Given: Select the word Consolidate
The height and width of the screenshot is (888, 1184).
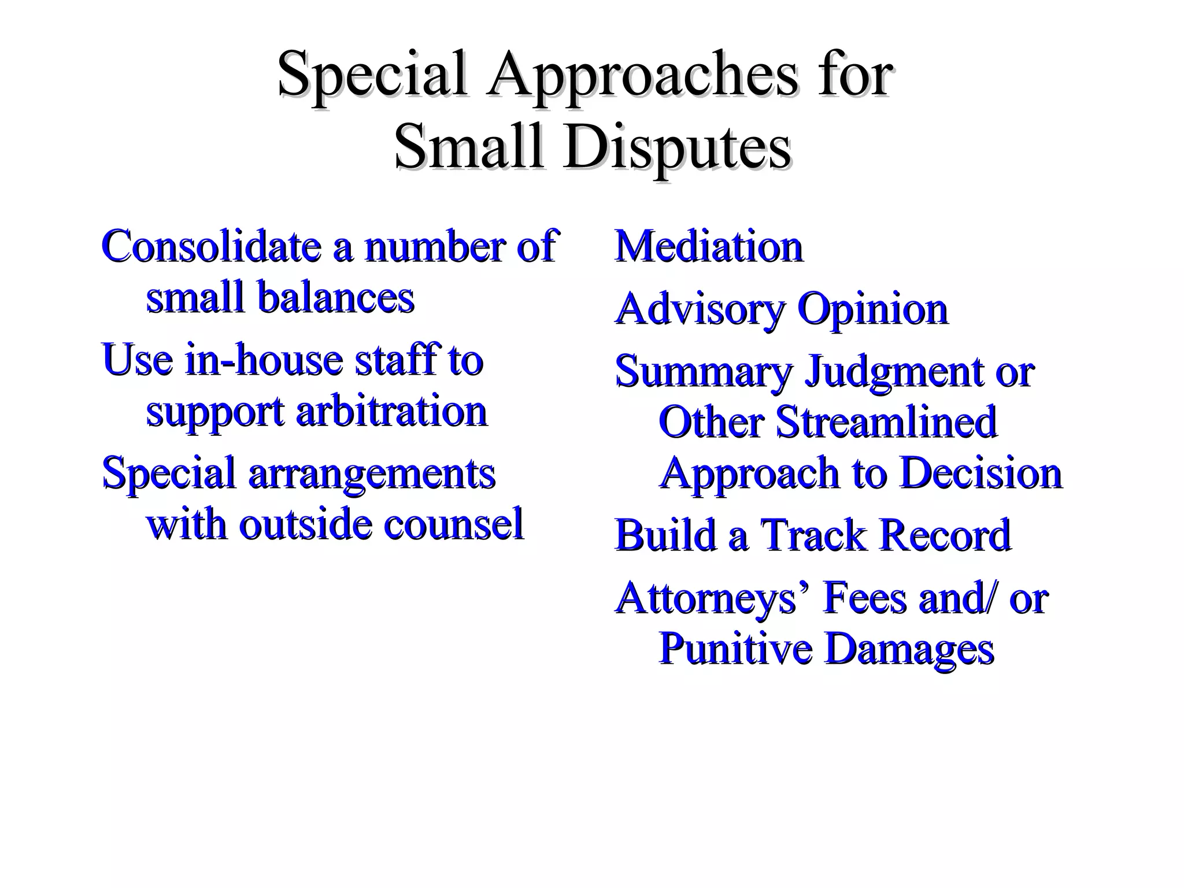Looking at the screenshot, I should click(x=211, y=246).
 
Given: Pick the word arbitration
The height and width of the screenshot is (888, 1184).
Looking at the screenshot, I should click(x=391, y=411).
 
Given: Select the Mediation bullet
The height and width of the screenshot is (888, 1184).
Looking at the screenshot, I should click(x=709, y=247).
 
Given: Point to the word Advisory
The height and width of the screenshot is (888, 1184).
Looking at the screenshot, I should click(x=700, y=310).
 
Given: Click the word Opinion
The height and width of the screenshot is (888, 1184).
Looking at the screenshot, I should click(x=872, y=309).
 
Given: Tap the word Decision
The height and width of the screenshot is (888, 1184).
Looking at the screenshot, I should click(x=981, y=473).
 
